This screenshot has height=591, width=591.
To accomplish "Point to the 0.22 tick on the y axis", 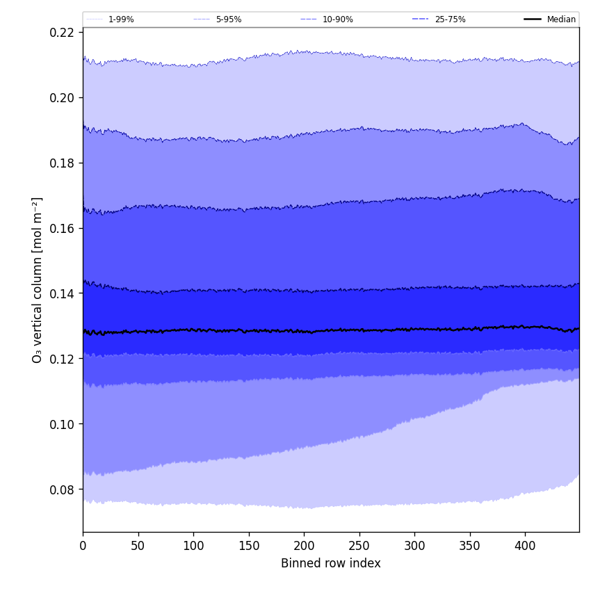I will [62, 32].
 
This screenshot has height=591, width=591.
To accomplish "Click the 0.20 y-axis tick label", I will [62, 97].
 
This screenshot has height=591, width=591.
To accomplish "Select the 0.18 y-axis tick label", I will [62, 163].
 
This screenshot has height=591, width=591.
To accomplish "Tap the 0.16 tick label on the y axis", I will [62, 228].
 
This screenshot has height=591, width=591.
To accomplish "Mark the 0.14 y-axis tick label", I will [62, 293].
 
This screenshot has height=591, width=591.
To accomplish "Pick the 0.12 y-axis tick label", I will [62, 359].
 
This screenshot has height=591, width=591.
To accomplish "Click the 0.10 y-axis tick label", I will [62, 424].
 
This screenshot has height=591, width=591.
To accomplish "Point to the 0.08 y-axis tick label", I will [62, 489].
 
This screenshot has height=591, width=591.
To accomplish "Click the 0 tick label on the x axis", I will [83, 546].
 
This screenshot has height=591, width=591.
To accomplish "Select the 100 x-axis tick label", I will [193, 546].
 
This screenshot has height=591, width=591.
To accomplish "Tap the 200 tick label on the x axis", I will [304, 546].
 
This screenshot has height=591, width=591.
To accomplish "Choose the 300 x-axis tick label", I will [414, 546].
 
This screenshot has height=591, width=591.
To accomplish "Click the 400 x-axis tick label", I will [525, 546].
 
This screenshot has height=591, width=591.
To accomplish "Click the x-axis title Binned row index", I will [330, 563].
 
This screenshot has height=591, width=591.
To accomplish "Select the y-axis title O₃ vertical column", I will [38, 280].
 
